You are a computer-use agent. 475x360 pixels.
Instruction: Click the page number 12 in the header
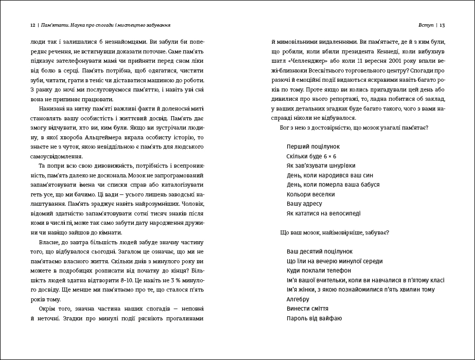(32, 24)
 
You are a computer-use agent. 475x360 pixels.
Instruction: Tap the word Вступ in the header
(427, 24)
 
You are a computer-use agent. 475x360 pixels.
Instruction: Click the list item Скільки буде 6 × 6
(311, 156)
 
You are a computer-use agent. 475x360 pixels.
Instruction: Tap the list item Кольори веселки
(311, 194)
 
